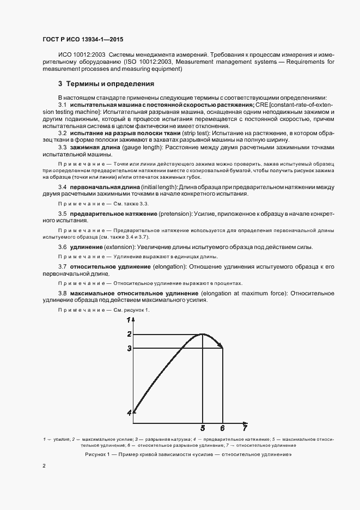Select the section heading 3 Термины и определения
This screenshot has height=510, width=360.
click(106, 84)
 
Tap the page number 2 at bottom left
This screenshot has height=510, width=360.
click(44, 465)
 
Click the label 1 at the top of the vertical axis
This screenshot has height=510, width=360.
click(129, 320)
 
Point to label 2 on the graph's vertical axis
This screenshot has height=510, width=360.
click(129, 334)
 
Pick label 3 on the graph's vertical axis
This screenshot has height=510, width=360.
click(129, 348)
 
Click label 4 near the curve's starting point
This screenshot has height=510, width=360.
click(129, 413)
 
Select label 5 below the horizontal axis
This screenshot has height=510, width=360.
click(203, 428)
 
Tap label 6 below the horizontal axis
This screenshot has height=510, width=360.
click(222, 428)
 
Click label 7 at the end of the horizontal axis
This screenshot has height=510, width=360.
click(245, 428)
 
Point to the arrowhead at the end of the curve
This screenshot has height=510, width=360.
click(220, 345)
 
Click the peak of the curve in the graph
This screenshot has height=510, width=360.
click(203, 334)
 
